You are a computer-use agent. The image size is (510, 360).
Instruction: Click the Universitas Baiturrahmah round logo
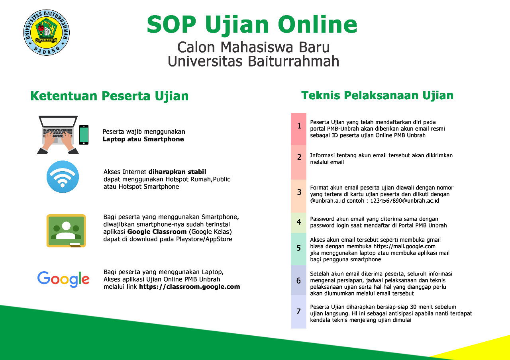(47, 33)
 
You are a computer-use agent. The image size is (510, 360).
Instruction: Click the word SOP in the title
(171, 24)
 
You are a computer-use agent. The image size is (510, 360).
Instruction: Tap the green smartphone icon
(84, 135)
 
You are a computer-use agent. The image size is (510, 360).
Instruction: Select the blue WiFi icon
(63, 177)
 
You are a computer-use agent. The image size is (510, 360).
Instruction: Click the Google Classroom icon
(66, 231)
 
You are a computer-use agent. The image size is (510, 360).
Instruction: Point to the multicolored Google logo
(63, 279)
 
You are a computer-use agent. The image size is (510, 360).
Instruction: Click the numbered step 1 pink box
(298, 129)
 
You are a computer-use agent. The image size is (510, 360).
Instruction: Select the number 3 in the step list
(299, 192)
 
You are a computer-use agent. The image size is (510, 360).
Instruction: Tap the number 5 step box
(298, 249)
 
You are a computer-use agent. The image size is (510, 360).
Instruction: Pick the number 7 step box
(298, 312)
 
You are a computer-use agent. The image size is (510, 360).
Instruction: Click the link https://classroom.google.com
(189, 287)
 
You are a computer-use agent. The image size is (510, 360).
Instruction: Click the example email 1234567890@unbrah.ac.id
(405, 201)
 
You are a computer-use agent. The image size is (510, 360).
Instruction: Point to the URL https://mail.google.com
(404, 246)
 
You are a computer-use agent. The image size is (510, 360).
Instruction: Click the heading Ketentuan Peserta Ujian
(110, 96)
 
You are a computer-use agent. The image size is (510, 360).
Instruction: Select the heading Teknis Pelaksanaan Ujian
(377, 95)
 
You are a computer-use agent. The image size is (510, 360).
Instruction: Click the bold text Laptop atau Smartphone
(143, 139)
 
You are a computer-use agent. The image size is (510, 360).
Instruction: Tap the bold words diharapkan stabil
(177, 172)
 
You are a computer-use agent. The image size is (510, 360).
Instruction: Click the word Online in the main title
(318, 24)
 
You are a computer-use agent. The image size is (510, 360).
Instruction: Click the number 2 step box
(298, 162)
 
